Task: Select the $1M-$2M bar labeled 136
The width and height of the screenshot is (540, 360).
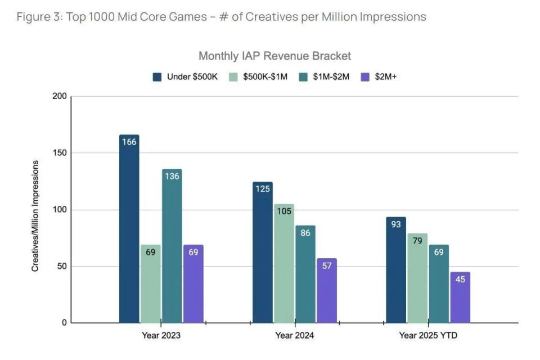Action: click(172, 247)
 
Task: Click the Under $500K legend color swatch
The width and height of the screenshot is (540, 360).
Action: click(157, 76)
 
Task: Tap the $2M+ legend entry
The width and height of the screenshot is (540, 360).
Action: click(386, 76)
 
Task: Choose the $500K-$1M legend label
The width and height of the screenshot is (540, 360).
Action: click(265, 76)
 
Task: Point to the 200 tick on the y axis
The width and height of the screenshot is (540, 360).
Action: click(60, 96)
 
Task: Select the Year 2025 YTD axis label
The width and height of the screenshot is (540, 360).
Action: click(428, 336)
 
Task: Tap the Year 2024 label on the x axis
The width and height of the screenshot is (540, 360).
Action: click(295, 336)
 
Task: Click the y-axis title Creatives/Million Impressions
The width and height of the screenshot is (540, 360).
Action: click(35, 216)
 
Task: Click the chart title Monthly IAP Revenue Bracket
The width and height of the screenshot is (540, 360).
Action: click(274, 56)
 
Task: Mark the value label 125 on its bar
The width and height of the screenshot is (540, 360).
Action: click(262, 189)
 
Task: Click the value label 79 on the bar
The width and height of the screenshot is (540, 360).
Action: click(417, 241)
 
